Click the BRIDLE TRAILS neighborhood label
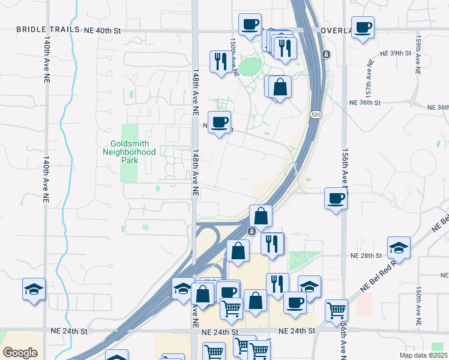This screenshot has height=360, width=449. [x=47, y=29]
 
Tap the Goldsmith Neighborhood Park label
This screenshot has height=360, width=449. [x=133, y=148]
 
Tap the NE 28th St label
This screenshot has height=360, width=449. [x=366, y=256]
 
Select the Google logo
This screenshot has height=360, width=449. [x=20, y=353]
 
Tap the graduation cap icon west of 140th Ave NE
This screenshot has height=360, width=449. [x=34, y=289]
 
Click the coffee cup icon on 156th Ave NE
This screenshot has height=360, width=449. [x=336, y=198]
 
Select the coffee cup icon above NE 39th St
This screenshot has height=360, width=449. [x=363, y=28]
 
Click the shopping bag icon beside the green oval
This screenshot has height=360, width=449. [x=280, y=86]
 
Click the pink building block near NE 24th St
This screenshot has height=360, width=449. [x=364, y=305]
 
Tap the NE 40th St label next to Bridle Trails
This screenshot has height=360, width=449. [x=103, y=29]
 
